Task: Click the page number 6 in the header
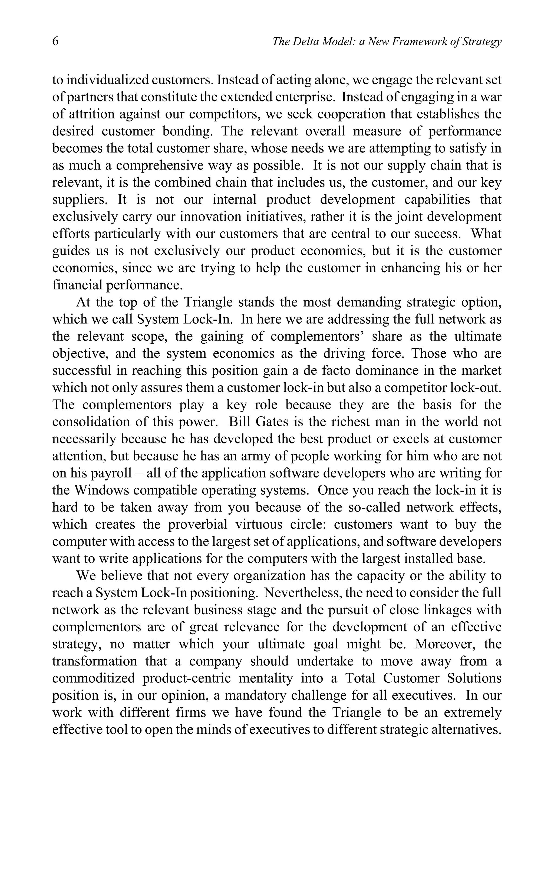click(x=55, y=41)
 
